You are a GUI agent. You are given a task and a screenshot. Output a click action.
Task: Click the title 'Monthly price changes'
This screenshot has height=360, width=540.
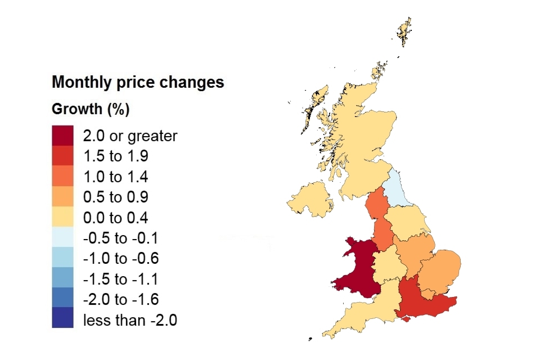[x=138, y=82]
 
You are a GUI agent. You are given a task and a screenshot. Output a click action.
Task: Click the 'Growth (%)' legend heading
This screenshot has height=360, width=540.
[x=91, y=109]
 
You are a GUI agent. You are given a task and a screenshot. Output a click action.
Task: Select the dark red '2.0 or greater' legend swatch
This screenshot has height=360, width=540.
[x=62, y=136]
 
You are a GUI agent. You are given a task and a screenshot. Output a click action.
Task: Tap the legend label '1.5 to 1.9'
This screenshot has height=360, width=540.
[x=116, y=156]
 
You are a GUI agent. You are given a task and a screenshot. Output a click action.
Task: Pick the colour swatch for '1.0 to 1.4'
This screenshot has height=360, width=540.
[x=62, y=176]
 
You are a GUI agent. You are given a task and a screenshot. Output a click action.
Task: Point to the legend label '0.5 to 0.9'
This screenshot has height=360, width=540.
[x=116, y=197]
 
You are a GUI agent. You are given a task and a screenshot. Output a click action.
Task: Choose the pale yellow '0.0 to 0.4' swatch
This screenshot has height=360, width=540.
[x=62, y=217]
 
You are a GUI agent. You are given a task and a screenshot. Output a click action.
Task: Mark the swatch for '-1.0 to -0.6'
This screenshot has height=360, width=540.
[x=62, y=258]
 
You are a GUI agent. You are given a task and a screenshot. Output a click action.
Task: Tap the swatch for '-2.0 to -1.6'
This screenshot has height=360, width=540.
[x=62, y=299]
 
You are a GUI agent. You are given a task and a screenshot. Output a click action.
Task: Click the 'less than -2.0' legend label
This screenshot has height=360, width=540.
[x=130, y=320]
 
